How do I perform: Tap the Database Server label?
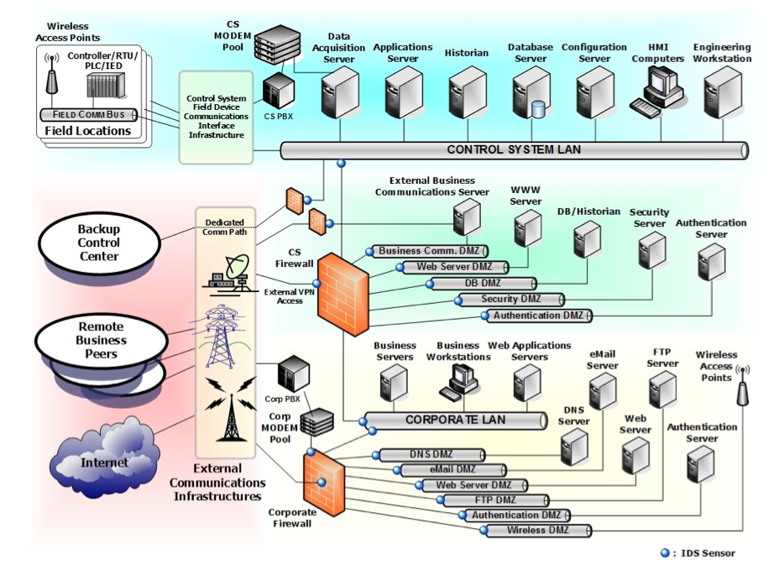(531, 53)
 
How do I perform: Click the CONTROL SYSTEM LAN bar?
(513, 150)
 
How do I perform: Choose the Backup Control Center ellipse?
(98, 243)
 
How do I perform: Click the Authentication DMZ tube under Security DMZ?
(537, 316)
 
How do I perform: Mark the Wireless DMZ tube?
(537, 531)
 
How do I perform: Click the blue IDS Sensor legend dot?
(665, 553)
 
